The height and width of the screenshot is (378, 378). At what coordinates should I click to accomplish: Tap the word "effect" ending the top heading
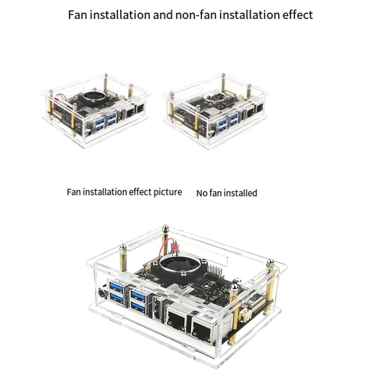[296, 15]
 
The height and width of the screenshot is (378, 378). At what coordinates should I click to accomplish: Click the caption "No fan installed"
[226, 193]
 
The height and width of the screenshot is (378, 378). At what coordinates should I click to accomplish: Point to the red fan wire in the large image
[166, 249]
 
